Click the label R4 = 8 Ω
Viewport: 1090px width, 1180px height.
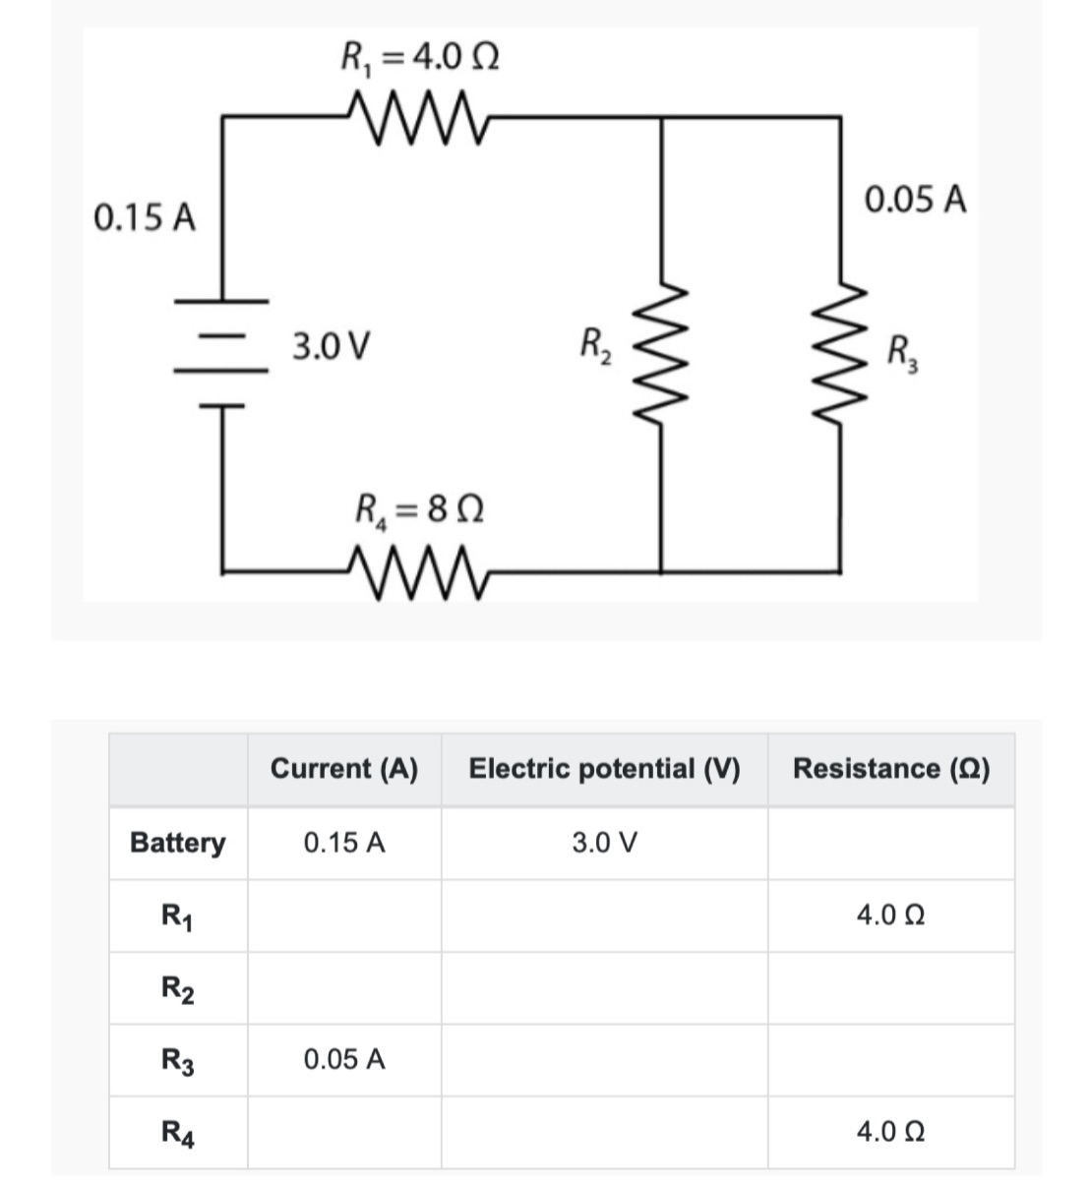419,510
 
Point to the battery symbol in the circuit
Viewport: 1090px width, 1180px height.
221,351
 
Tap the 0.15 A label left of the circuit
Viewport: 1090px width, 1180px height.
145,217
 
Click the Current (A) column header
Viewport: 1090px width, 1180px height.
343,769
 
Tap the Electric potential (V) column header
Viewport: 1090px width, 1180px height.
604,769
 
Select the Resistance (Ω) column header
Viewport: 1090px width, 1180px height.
890,769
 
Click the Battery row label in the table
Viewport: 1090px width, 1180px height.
178,843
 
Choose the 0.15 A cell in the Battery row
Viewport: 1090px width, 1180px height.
344,843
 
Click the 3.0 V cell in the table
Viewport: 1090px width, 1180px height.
605,843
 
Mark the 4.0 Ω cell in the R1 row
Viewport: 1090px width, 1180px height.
890,915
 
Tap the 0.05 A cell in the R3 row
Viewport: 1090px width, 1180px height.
344,1060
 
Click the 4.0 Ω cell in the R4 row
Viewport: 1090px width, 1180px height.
890,1133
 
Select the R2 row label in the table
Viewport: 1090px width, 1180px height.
178,988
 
